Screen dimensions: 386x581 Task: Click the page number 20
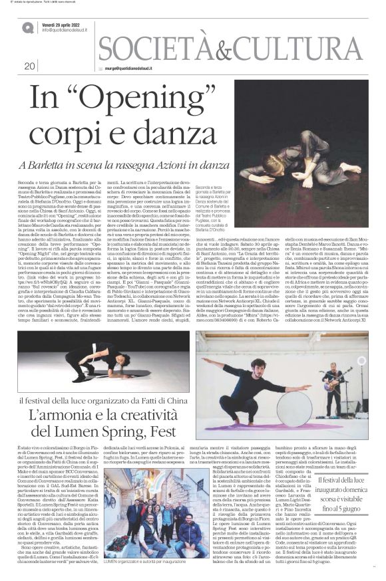tap(29, 66)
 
